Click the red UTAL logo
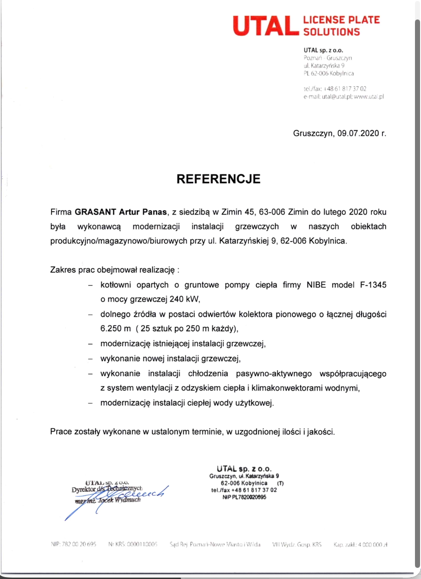pos(265,26)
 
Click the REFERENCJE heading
pos(219,179)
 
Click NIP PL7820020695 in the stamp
pos(245,496)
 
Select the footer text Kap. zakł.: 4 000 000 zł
pos(361,544)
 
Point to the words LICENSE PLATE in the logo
pos(341,20)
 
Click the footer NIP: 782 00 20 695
pos(73,544)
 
